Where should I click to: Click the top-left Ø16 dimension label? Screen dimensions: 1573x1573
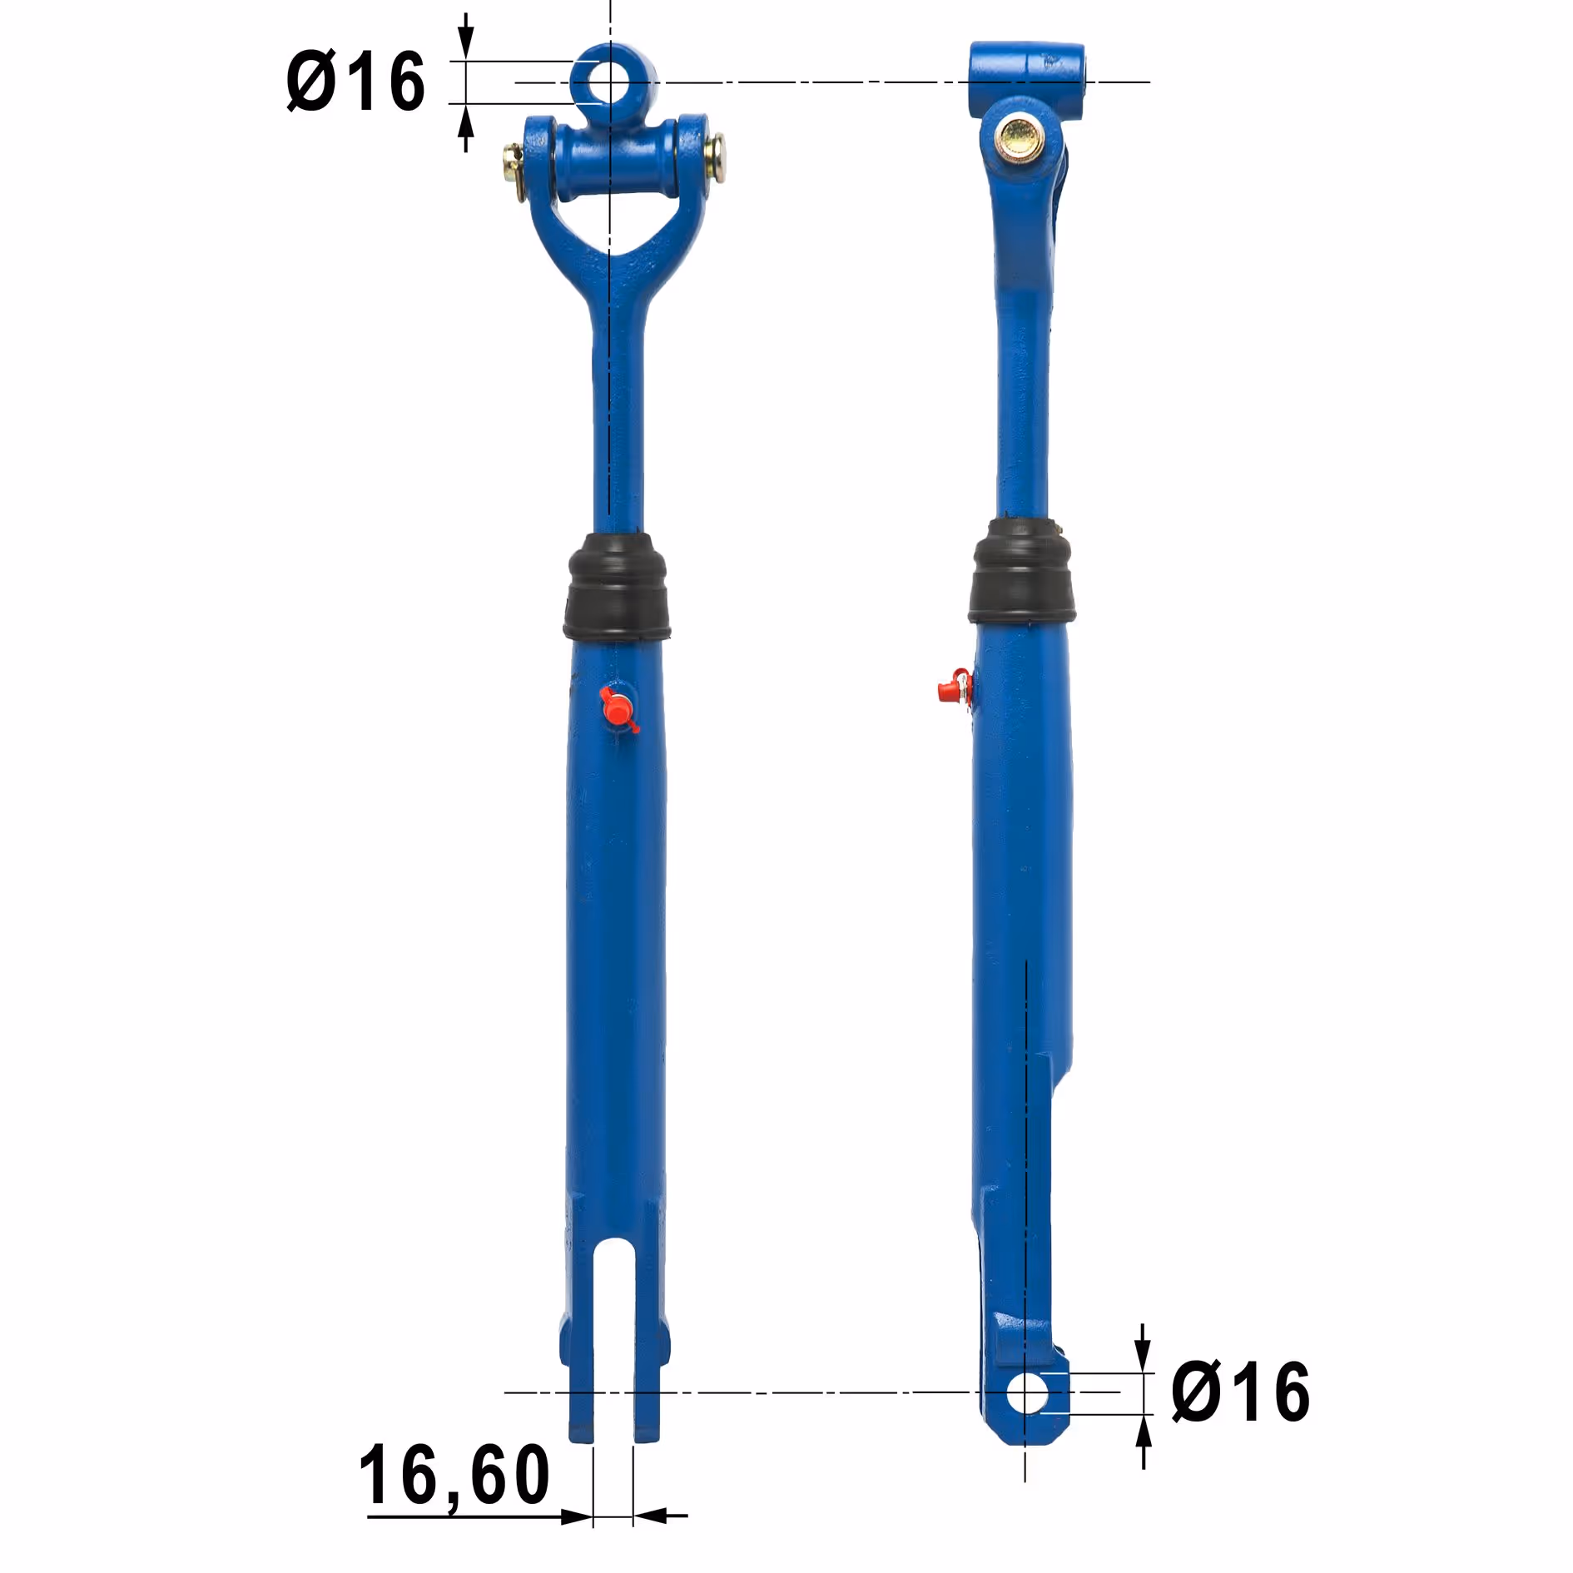point(355,81)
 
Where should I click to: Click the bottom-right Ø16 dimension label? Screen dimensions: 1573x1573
point(1240,1392)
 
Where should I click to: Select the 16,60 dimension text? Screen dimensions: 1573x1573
point(454,1476)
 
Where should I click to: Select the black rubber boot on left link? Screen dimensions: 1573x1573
point(616,588)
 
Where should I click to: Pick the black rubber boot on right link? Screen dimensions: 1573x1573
point(1021,573)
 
